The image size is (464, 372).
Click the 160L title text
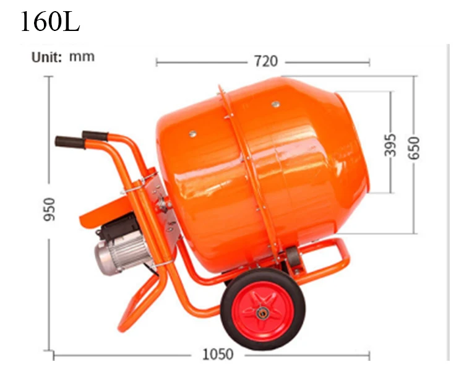click(50, 21)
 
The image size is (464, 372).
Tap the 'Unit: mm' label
click(63, 57)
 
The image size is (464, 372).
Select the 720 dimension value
click(266, 61)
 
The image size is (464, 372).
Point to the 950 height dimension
click(49, 209)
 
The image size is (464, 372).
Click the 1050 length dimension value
click(218, 354)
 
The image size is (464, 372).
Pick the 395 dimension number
click(390, 145)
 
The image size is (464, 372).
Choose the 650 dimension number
click(414, 148)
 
